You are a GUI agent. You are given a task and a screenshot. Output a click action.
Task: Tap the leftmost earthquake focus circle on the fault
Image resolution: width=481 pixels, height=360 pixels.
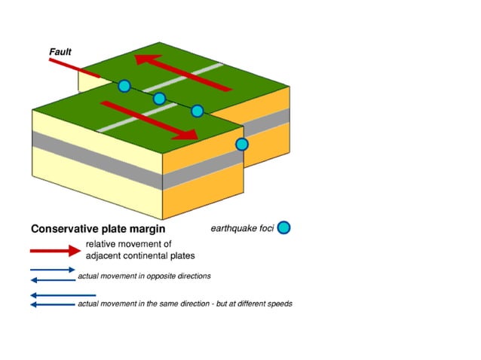(x=124, y=86)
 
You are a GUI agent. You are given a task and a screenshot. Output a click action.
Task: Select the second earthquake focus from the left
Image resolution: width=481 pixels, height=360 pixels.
(x=159, y=99)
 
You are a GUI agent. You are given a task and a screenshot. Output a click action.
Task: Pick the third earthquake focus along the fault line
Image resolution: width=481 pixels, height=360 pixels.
(x=197, y=111)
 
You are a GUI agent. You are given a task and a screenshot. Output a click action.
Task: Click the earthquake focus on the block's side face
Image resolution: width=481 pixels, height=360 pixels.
(x=242, y=144)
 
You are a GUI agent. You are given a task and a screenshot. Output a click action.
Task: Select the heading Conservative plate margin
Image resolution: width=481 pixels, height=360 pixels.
(x=97, y=228)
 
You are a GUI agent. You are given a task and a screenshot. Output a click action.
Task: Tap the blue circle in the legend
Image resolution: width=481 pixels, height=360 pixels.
(x=284, y=227)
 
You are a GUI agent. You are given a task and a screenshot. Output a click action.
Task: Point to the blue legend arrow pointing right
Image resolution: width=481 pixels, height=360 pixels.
(x=53, y=270)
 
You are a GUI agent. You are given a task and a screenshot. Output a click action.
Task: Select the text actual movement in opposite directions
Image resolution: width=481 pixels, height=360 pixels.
(x=144, y=276)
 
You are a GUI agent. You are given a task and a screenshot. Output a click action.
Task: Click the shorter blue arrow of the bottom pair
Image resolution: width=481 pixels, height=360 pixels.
(x=53, y=296)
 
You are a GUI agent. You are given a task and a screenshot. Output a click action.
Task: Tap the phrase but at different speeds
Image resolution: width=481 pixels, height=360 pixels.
(x=252, y=304)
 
